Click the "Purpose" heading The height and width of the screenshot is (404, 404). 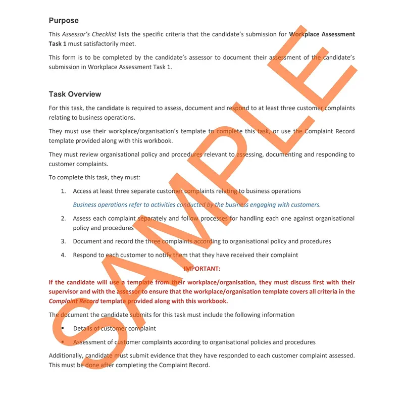pyautogui.click(x=64, y=21)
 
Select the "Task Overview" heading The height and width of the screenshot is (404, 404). pyautogui.click(x=75, y=94)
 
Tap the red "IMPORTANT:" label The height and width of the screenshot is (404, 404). pyautogui.click(x=202, y=269)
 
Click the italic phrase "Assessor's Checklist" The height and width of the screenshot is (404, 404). pyautogui.click(x=89, y=35)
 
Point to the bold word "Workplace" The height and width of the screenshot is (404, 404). pyautogui.click(x=306, y=35)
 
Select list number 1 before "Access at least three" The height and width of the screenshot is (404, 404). pyautogui.click(x=64, y=191)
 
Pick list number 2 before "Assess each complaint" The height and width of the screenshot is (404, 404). pyautogui.click(x=64, y=219)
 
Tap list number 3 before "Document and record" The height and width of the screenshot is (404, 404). pyautogui.click(x=64, y=241)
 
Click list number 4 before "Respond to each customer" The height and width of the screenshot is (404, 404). pyautogui.click(x=64, y=255)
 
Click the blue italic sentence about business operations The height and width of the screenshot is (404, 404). pyautogui.click(x=196, y=205)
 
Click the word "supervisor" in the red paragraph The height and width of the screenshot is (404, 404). pyautogui.click(x=63, y=292)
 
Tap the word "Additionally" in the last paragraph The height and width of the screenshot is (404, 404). pyautogui.click(x=66, y=356)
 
